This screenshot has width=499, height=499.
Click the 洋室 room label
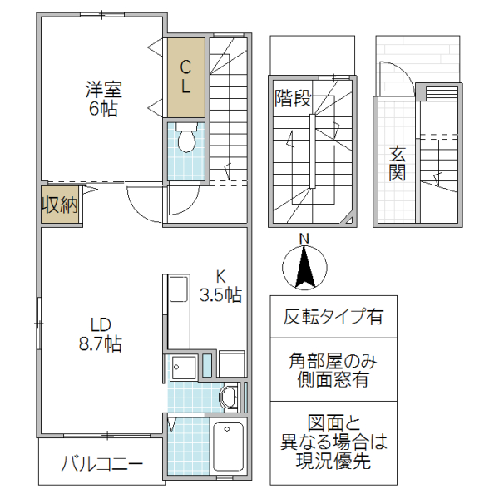(103, 89)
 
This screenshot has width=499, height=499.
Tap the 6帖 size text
(103, 108)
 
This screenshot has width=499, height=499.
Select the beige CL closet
(185, 77)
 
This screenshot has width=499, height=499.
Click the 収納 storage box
(61, 205)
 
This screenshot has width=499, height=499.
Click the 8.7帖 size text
(101, 343)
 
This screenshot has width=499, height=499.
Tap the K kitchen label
(221, 276)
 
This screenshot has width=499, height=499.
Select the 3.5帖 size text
(220, 294)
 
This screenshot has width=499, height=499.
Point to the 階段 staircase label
(293, 99)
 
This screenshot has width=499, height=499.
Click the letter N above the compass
(304, 240)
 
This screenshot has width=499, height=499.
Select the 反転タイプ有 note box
(333, 317)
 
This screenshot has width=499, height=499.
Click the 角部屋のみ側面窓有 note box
(333, 370)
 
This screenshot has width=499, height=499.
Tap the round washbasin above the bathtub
(230, 396)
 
